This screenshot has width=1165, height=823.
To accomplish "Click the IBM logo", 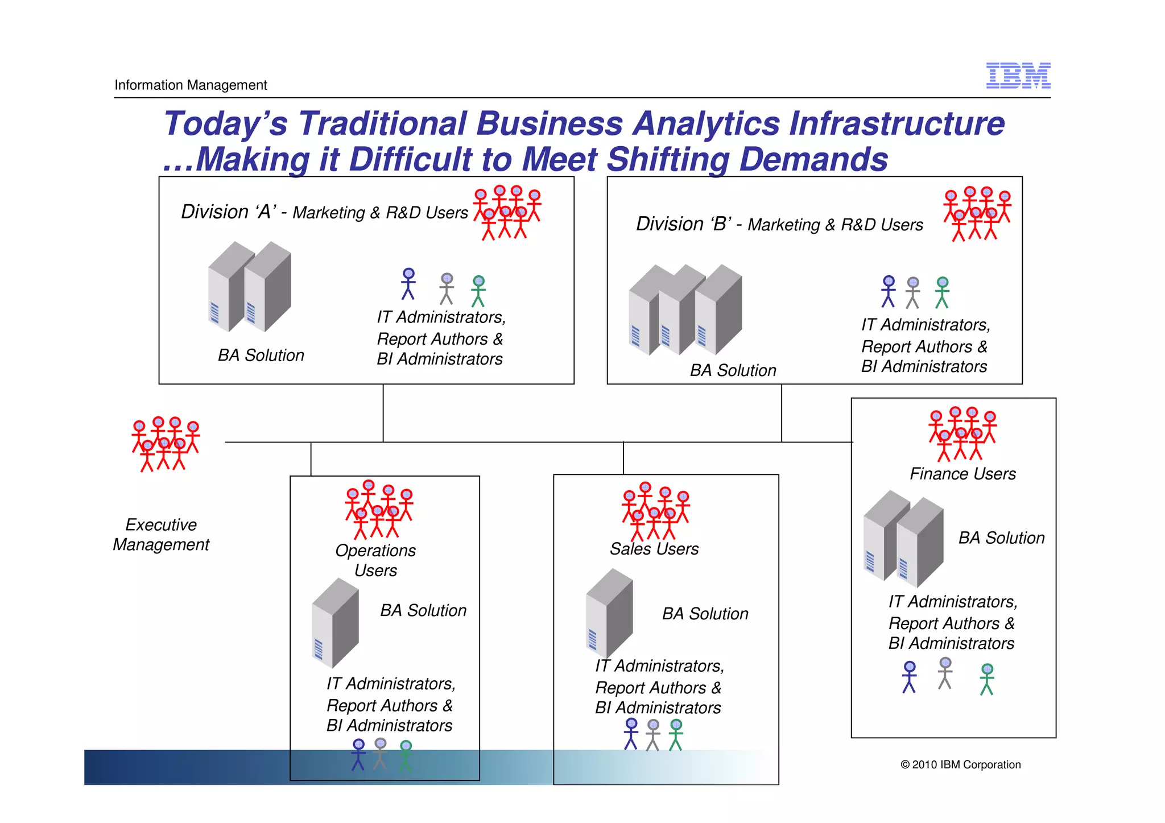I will (x=1018, y=76).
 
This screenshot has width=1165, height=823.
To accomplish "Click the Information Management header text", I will (x=191, y=85).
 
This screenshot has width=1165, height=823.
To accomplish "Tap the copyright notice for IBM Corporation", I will (x=960, y=764).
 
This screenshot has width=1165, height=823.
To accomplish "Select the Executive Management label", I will (x=161, y=534).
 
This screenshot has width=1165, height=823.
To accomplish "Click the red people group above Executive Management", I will (x=166, y=444).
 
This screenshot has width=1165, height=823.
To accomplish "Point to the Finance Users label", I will (x=962, y=474).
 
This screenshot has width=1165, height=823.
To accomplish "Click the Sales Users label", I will (x=654, y=549).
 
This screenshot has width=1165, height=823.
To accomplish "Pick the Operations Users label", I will (x=375, y=560).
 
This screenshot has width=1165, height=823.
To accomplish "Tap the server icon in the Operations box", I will (x=336, y=623).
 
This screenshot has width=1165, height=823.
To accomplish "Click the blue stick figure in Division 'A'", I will (x=408, y=284).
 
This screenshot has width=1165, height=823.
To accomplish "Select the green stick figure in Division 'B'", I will (x=942, y=292).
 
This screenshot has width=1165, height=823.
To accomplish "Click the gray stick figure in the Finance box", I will (x=945, y=673).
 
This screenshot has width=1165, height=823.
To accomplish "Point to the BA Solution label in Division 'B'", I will (x=733, y=370).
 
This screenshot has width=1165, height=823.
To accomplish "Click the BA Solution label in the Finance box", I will (x=1001, y=538).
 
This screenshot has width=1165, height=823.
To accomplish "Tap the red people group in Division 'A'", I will (x=507, y=212).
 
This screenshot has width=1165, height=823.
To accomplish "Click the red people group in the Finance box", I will (x=962, y=433).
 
